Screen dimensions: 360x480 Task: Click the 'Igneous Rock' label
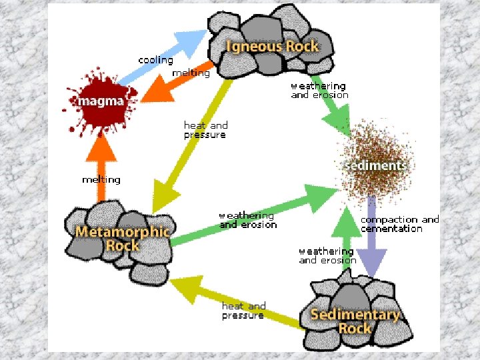273,47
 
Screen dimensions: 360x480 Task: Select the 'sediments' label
375,165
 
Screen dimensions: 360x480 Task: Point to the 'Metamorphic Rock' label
123,239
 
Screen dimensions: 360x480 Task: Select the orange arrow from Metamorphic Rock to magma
101,170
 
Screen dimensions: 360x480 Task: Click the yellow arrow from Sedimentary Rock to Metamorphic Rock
233,301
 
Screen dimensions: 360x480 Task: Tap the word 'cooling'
155,60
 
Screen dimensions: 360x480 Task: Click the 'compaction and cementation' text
399,224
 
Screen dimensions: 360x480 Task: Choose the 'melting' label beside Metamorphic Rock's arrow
101,179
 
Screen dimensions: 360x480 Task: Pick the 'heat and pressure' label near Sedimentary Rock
243,311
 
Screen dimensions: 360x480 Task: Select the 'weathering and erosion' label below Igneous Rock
319,91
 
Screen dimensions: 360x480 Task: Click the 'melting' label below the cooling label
191,73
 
